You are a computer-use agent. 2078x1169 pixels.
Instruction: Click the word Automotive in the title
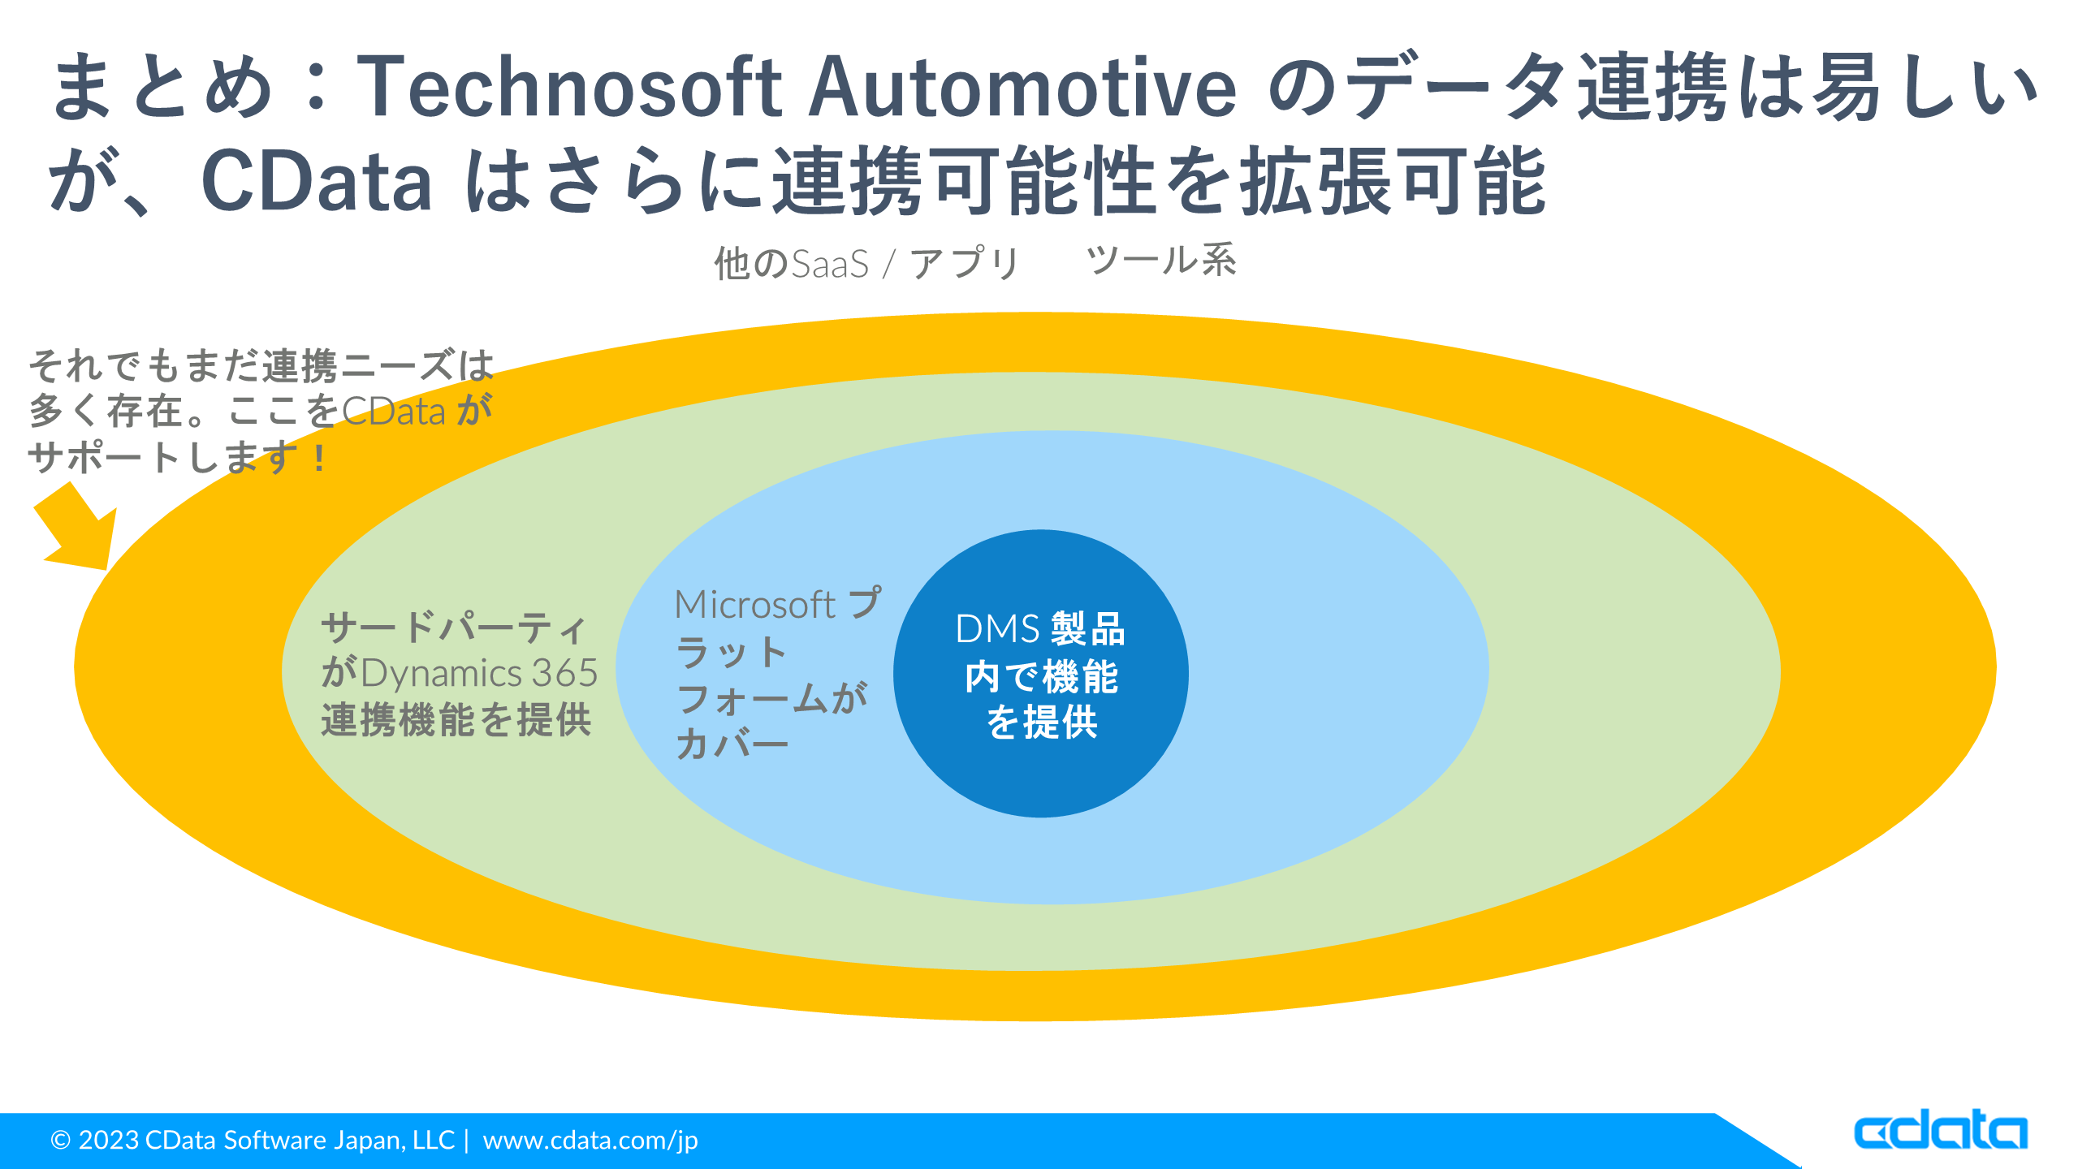click(1022, 88)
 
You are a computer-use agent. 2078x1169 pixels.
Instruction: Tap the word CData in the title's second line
click(317, 182)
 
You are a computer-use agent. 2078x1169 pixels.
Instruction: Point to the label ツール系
click(1161, 261)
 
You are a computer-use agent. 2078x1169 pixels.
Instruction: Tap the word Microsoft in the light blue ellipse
click(755, 605)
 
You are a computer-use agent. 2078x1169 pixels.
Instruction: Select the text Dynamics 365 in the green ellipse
click(479, 674)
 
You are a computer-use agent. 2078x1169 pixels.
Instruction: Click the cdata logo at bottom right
click(1941, 1131)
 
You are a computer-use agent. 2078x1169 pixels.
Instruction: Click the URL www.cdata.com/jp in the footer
click(590, 1141)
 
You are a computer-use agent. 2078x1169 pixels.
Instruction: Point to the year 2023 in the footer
click(109, 1141)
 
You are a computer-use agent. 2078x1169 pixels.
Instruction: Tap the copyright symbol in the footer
click(61, 1141)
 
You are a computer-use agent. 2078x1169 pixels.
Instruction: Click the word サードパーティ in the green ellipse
click(455, 628)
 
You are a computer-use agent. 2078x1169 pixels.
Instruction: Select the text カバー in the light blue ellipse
click(732, 744)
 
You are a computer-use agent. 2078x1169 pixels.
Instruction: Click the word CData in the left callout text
click(394, 412)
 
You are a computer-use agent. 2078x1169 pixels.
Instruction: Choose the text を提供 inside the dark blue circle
click(1042, 722)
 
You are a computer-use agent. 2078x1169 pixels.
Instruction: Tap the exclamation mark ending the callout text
click(320, 459)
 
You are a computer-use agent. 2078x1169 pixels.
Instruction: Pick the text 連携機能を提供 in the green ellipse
click(456, 720)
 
